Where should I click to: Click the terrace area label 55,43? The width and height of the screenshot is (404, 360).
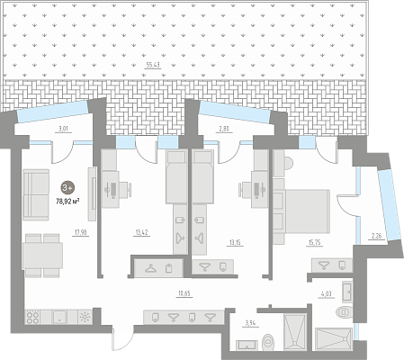click(x=153, y=65)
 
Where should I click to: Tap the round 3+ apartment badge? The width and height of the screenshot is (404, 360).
click(x=67, y=188)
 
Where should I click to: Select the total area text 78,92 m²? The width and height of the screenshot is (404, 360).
click(x=67, y=201)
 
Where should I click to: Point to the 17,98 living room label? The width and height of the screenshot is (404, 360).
click(x=80, y=232)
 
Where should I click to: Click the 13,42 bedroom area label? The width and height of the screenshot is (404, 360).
click(x=141, y=232)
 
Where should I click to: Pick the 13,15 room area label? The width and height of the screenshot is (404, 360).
click(x=235, y=242)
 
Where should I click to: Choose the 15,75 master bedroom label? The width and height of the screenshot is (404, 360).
click(x=314, y=242)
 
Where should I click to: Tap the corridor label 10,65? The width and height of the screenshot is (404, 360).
click(x=184, y=293)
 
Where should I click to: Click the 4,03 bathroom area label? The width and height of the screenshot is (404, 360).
click(x=327, y=293)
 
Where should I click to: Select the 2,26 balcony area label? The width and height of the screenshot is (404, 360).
click(x=376, y=236)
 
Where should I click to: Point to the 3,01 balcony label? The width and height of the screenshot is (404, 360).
click(x=63, y=130)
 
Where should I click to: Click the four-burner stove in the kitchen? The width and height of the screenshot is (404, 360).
click(x=32, y=317)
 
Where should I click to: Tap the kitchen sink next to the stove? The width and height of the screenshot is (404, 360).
click(x=59, y=317)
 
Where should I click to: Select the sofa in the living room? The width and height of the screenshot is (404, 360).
click(x=36, y=194)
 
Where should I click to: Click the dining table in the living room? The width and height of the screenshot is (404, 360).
click(x=42, y=256)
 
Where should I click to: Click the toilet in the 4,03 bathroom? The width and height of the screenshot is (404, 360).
click(x=345, y=312)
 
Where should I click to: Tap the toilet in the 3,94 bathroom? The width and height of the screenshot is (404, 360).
click(x=267, y=342)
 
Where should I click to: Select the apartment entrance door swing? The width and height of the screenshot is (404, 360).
click(x=122, y=339)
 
